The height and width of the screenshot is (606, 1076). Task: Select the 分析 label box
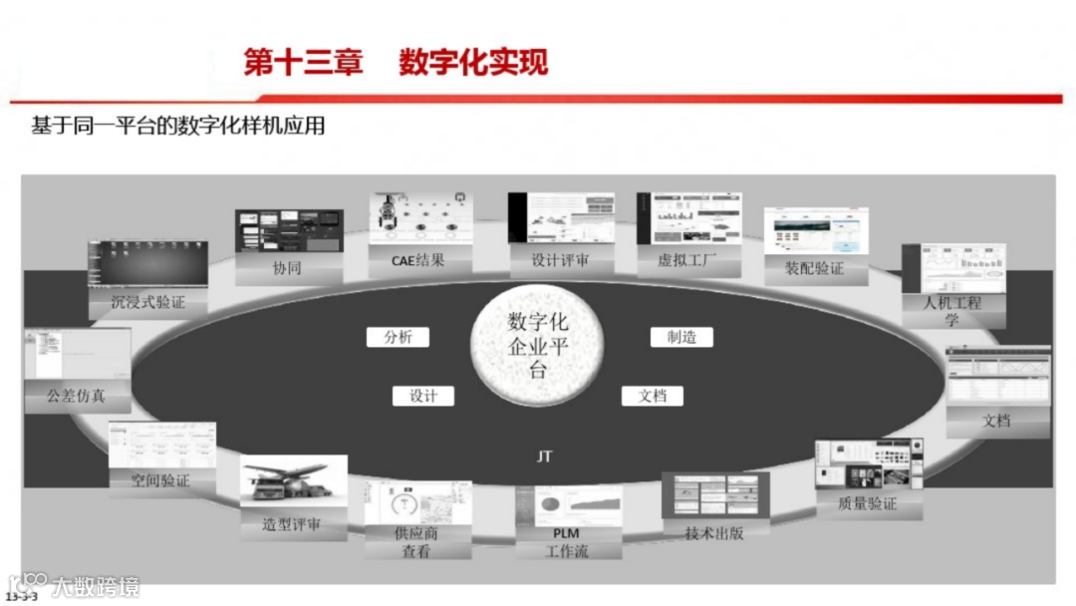point(398,337)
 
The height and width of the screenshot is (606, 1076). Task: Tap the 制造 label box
point(681,337)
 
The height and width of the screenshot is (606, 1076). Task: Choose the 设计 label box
point(423,396)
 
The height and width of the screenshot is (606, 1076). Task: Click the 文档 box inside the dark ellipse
point(653,396)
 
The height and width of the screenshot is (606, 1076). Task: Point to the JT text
point(544,456)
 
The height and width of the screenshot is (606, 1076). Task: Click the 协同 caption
point(287,268)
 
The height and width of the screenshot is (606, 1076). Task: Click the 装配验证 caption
point(815,268)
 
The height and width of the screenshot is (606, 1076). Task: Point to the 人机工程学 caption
point(951,310)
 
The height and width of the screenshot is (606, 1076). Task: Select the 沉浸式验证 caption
point(148,302)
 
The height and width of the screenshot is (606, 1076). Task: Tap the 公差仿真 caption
point(76,396)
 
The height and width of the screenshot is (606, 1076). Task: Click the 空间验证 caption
point(159,480)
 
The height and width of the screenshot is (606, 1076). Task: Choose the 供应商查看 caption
point(415,542)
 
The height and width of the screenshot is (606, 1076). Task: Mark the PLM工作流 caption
point(566,542)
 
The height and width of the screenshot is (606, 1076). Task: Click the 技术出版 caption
point(713,532)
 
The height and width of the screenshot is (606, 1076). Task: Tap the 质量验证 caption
point(868,504)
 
